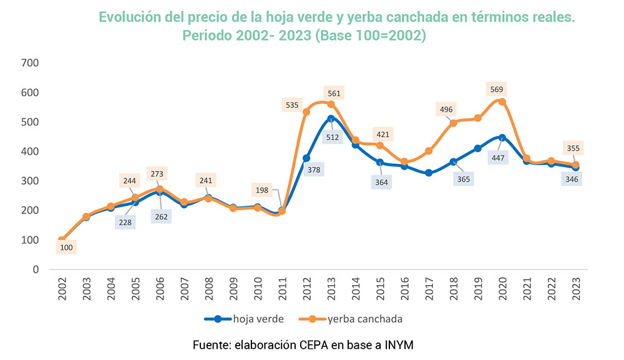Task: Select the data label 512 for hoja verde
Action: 331,137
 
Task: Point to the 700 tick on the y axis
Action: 30,63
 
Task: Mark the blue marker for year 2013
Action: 331,118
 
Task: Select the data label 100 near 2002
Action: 66,248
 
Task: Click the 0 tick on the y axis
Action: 36,270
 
